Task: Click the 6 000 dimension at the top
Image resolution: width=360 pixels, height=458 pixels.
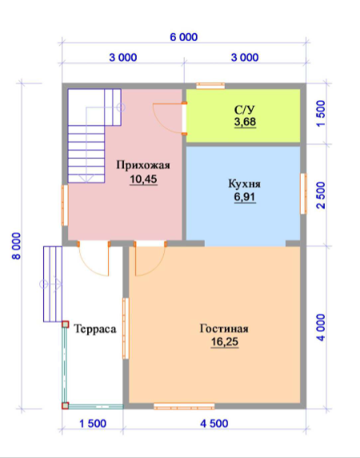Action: pos(184,37)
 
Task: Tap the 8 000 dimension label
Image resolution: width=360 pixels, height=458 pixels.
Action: pos(17,246)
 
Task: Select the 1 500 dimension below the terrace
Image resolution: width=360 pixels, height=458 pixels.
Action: pos(93,424)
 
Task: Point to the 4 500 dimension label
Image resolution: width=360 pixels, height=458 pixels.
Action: pos(214,424)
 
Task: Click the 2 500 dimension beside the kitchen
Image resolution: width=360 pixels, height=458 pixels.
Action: pos(321,195)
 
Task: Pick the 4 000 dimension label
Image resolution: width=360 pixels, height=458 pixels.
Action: pos(321,327)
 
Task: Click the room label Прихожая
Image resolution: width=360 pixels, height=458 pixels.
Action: pos(143,165)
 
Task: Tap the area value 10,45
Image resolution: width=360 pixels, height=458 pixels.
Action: pos(143,179)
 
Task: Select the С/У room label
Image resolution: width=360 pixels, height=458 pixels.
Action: pos(245,110)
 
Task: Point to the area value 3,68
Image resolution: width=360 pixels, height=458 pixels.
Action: pos(245,122)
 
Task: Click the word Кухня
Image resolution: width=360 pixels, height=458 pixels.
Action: pos(245,184)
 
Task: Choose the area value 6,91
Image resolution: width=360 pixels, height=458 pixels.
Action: pos(245,197)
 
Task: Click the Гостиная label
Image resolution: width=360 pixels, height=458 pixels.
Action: pos(224,328)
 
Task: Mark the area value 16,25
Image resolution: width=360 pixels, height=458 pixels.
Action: pos(225,341)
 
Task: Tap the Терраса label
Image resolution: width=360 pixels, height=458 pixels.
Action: pos(95,329)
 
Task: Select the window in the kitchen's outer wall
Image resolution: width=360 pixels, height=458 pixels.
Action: pos(303,193)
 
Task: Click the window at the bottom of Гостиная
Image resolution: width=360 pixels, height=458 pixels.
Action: pos(184,406)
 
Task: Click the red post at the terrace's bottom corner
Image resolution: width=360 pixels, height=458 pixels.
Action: pos(65,405)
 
